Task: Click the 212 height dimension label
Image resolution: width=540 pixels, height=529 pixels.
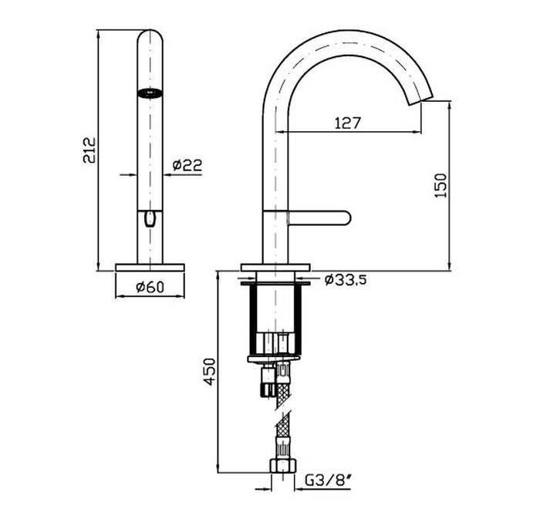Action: (x=89, y=150)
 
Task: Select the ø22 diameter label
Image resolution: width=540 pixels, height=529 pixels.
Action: (x=187, y=165)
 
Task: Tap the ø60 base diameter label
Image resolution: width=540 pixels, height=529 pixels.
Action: (x=150, y=286)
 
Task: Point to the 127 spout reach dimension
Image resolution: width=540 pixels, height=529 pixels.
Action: (x=347, y=123)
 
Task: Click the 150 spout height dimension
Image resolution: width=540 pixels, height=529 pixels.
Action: (x=440, y=185)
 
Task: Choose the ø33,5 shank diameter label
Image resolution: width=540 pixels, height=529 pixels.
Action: (x=345, y=280)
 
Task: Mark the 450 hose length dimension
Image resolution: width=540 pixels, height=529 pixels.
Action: (x=209, y=372)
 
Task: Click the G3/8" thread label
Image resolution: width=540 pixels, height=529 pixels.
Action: (x=328, y=480)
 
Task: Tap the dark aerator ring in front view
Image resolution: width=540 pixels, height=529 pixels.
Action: (x=150, y=93)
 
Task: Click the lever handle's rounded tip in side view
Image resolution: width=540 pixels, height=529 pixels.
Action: (x=346, y=218)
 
